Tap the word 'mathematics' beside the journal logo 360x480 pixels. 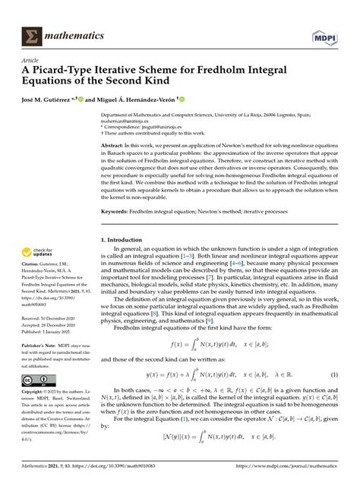[81, 35]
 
